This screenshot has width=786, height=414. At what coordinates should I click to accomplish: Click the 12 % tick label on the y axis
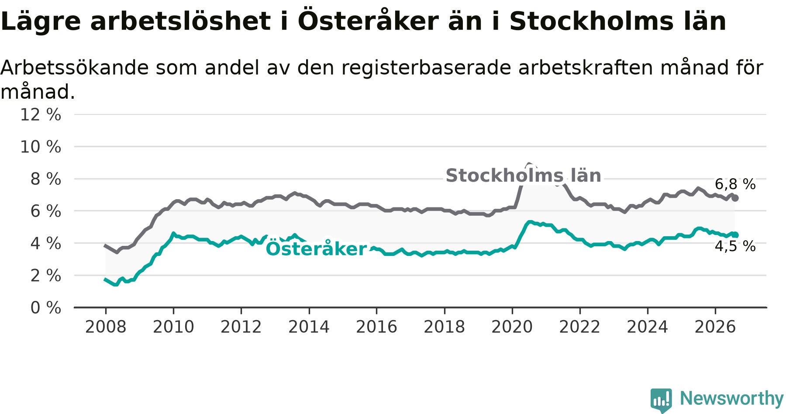pyautogui.click(x=41, y=115)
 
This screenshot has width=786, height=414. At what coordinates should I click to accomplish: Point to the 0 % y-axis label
pyautogui.click(x=46, y=308)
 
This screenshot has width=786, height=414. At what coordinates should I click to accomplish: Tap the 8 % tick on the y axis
pyautogui.click(x=46, y=179)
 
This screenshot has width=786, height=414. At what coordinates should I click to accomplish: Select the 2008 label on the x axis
pyautogui.click(x=106, y=327)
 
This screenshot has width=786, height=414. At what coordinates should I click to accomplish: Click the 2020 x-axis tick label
pyautogui.click(x=512, y=327)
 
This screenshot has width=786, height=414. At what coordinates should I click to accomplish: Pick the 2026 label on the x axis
pyautogui.click(x=715, y=327)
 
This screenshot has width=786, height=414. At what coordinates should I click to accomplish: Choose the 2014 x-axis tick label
pyautogui.click(x=309, y=327)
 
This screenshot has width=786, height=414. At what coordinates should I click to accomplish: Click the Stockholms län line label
pyautogui.click(x=524, y=176)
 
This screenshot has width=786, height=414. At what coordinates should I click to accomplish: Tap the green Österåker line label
pyautogui.click(x=317, y=248)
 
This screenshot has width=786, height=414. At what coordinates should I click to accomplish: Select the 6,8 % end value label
pyautogui.click(x=735, y=184)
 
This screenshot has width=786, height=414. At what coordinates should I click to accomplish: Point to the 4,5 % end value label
pyautogui.click(x=735, y=246)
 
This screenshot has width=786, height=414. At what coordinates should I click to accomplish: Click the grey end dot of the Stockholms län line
pyautogui.click(x=735, y=198)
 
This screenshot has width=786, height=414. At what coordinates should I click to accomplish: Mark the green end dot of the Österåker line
pyautogui.click(x=735, y=235)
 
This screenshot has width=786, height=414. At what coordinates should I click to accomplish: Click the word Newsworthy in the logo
pyautogui.click(x=732, y=398)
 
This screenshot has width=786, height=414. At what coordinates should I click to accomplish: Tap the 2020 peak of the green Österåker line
pyautogui.click(x=530, y=222)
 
